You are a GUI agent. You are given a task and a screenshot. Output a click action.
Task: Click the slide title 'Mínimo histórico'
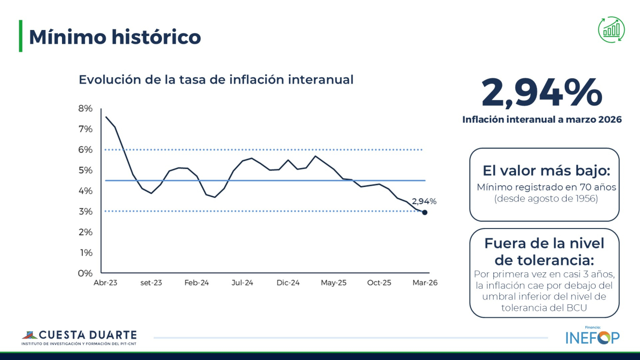115,37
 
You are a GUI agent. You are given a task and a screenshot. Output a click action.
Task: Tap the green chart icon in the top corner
611,30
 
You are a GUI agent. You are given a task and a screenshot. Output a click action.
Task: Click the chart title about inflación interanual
216,80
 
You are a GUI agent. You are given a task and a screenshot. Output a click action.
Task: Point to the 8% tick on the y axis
85,108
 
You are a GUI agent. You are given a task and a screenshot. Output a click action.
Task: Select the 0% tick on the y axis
85,273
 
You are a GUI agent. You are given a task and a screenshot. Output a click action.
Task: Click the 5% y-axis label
85,170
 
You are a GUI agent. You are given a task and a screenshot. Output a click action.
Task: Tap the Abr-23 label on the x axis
105,283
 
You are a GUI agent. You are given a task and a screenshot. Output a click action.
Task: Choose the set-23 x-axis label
151,283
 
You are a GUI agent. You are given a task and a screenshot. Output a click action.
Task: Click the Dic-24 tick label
288,283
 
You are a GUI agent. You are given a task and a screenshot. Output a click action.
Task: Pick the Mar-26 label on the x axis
425,283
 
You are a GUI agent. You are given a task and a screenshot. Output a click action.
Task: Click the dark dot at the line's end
424,213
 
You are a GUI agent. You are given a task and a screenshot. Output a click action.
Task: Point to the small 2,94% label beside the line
424,201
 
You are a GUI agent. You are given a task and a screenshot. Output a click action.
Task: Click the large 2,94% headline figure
542,93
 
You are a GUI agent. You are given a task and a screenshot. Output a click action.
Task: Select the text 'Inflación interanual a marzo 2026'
542,120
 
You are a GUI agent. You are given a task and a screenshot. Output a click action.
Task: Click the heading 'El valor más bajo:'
546,171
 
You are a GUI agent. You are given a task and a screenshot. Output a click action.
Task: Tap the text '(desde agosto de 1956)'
546,199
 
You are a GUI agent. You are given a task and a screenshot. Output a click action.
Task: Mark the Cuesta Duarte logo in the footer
79,337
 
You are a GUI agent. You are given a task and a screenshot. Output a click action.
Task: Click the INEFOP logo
592,337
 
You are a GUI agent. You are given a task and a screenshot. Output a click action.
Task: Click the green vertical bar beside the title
21,36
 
